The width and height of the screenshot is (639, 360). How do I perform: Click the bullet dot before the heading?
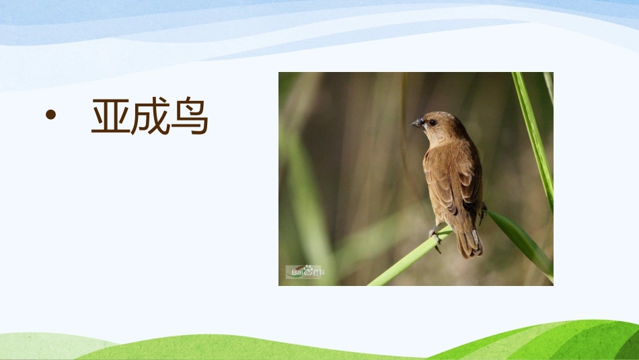tap(49, 116)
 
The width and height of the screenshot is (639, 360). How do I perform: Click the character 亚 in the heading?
tap(110, 117)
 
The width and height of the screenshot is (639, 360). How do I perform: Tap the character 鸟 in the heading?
tap(189, 117)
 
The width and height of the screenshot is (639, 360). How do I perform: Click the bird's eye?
tap(432, 122)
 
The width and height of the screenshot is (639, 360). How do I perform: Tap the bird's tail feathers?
tap(469, 244)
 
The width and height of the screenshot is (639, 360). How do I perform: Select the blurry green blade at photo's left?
tap(306, 195)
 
